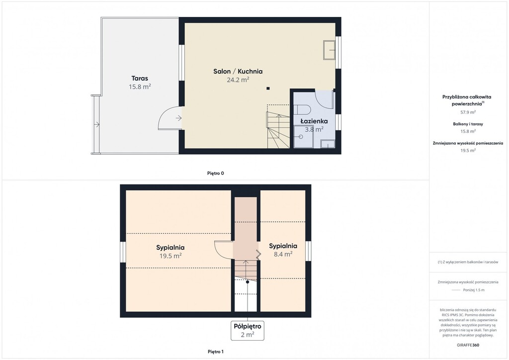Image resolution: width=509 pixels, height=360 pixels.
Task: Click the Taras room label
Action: pyautogui.click(x=140, y=78)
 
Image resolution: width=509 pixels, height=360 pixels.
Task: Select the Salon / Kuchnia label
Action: pyautogui.click(x=238, y=72)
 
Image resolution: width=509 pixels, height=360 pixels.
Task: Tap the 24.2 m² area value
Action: pyautogui.click(x=238, y=80)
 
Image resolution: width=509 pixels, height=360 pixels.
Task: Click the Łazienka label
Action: pyautogui.click(x=314, y=121)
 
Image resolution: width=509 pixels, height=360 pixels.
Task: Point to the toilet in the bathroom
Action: pyautogui.click(x=302, y=109)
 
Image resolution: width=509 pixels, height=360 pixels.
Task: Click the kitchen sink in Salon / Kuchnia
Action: pyautogui.click(x=329, y=50)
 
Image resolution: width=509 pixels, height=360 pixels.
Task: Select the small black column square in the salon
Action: pyautogui.click(x=268, y=89)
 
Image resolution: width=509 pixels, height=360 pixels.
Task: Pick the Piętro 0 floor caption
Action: pyautogui.click(x=216, y=174)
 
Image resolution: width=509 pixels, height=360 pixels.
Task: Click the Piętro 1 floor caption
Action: pyautogui.click(x=216, y=352)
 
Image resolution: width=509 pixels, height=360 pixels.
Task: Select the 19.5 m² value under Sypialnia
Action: pyautogui.click(x=170, y=256)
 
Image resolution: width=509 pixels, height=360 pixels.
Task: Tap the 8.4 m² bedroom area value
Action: pyautogui.click(x=283, y=254)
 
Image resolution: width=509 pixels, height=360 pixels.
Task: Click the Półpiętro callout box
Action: pyautogui.click(x=248, y=331)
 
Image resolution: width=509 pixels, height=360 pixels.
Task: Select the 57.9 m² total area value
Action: pyautogui.click(x=468, y=112)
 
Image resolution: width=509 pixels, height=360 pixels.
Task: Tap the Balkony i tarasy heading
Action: pyautogui.click(x=468, y=124)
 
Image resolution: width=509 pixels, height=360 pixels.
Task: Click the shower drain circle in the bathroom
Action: pyautogui.click(x=301, y=137)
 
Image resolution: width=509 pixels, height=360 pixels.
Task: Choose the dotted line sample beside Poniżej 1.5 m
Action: pyautogui.click(x=456, y=290)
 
